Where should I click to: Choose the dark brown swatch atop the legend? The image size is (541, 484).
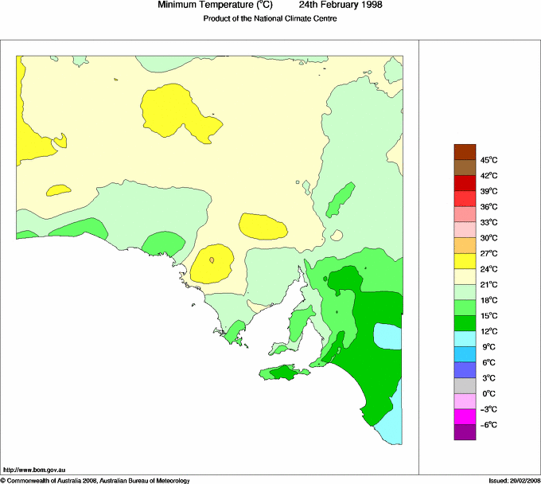465,152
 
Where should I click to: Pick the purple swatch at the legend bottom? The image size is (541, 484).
465,432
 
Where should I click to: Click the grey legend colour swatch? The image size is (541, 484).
465,385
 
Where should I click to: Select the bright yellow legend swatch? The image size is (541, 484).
465,261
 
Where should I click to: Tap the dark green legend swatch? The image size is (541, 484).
465,323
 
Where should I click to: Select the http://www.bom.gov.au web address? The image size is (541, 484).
33,471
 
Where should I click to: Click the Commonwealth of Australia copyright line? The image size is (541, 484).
95,480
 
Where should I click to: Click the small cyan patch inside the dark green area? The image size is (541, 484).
388,337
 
